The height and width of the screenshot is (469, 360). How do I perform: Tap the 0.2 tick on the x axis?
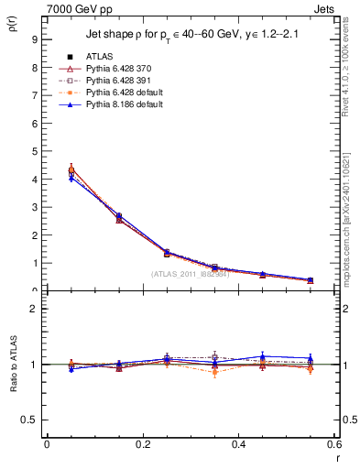(142, 443)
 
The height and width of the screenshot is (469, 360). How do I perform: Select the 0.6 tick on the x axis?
(334, 443)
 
